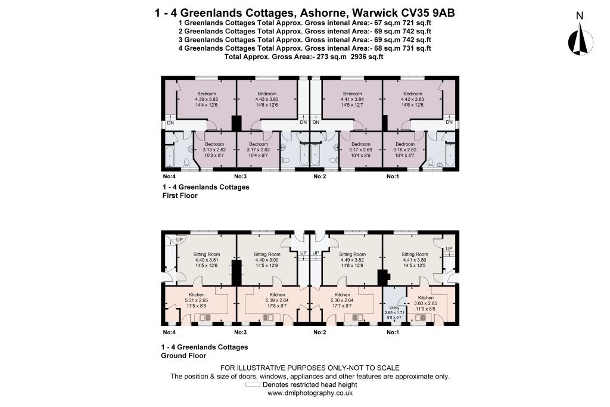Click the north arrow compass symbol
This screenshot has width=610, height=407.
[579, 39]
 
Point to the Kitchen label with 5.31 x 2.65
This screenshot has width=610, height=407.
[197, 295]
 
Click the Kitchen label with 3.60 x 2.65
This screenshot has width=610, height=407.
[425, 297]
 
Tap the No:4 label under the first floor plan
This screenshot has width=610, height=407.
[169, 176]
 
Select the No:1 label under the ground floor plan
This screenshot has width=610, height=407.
[392, 331]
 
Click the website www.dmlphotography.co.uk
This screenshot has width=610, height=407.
[310, 393]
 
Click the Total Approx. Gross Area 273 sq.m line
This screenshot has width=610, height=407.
[304, 57]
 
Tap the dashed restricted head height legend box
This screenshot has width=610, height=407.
[253, 385]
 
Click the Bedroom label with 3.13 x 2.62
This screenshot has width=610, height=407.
[214, 144]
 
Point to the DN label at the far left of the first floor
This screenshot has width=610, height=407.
[170, 123]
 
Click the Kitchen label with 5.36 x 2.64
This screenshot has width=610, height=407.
[342, 295]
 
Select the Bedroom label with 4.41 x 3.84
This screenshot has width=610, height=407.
[352, 94]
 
